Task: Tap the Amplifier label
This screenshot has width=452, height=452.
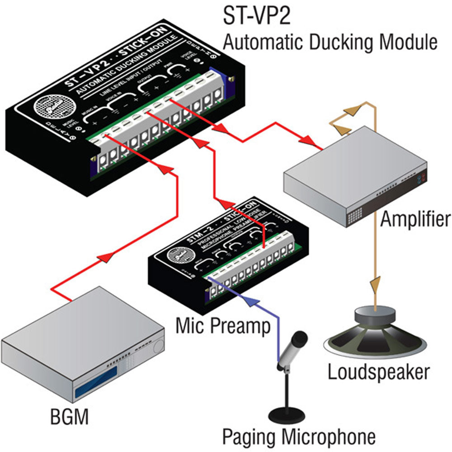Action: pos(415,220)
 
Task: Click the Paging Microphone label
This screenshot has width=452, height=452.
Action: pos(299,437)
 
